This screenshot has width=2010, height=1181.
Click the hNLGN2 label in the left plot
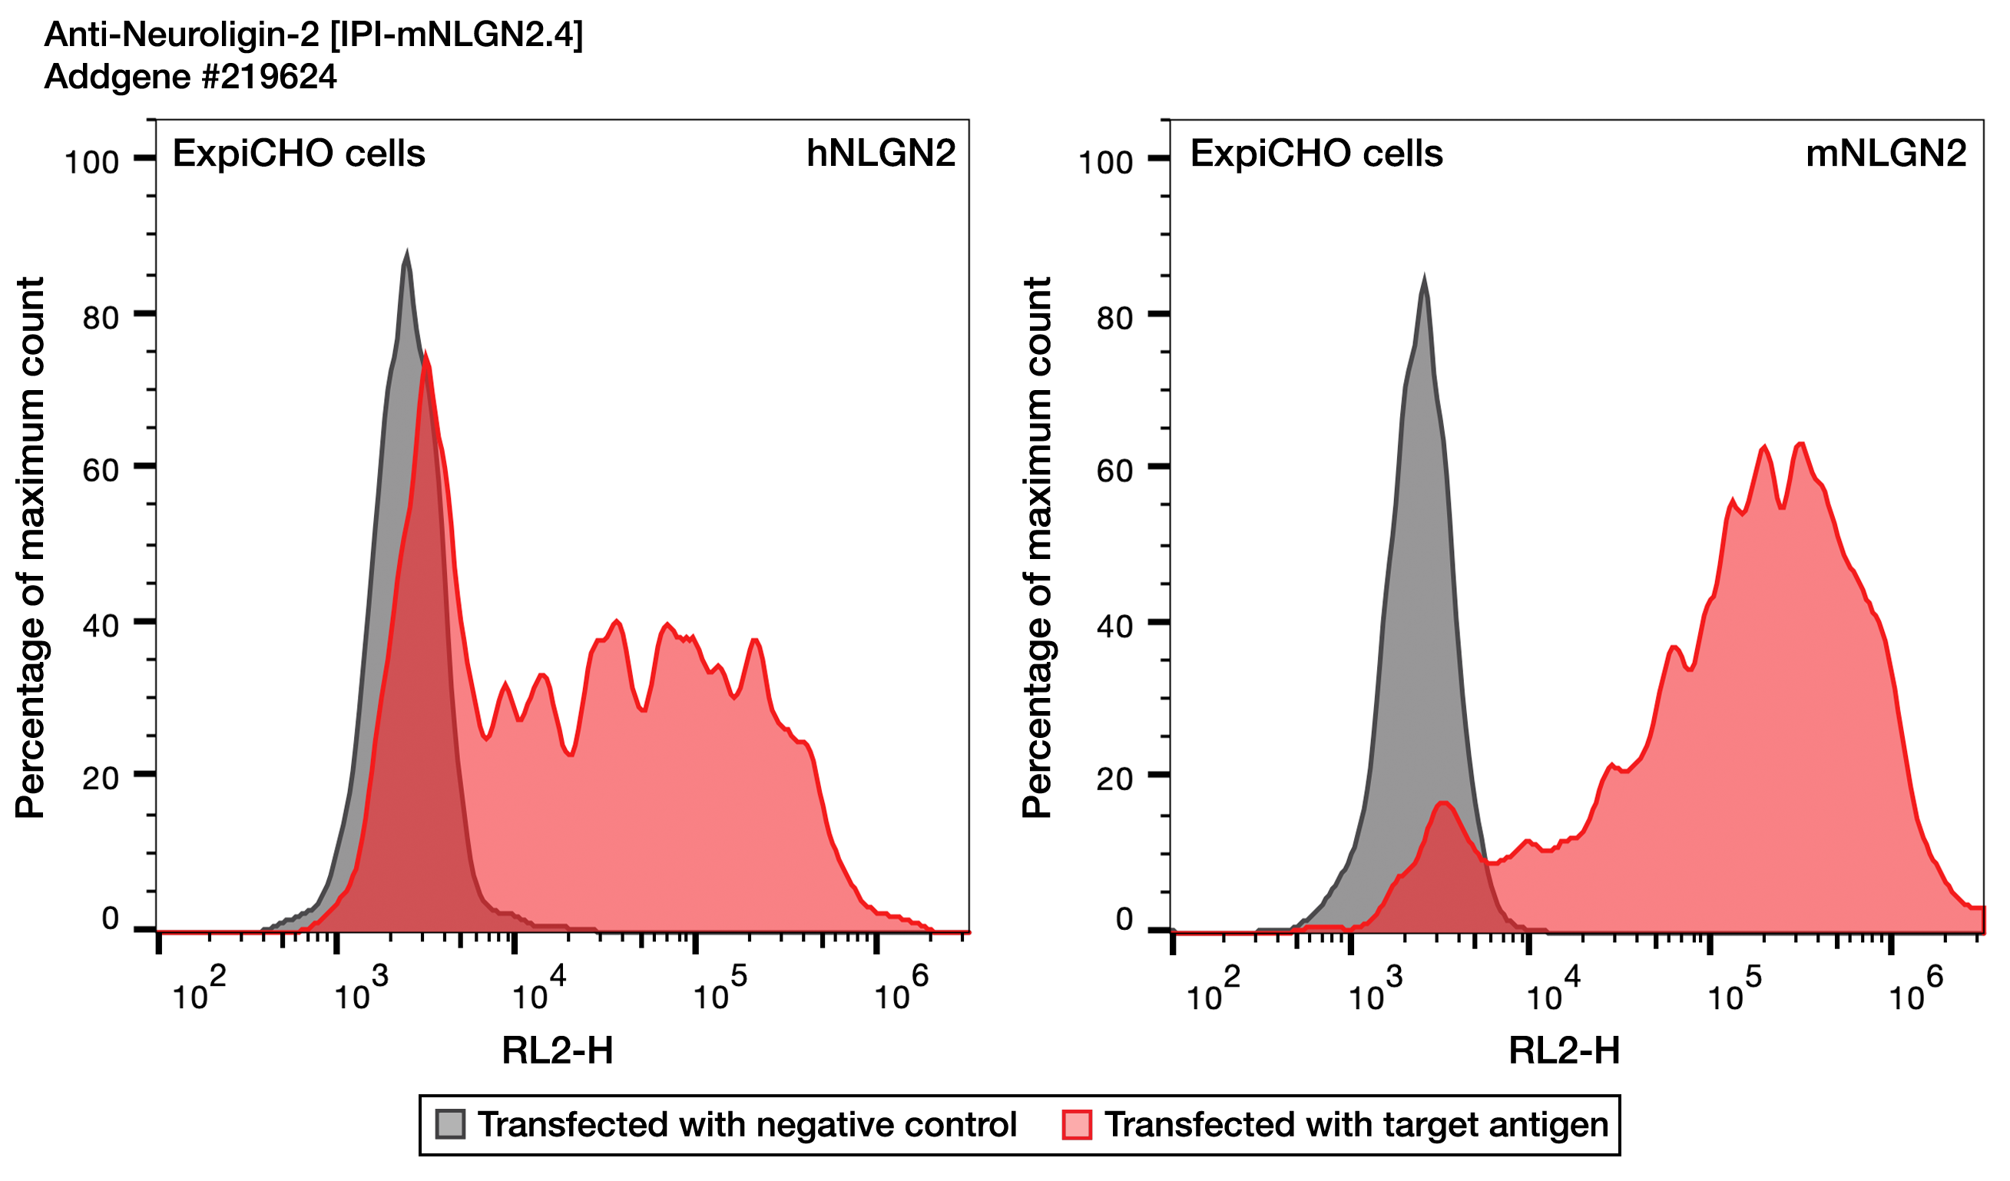(x=880, y=153)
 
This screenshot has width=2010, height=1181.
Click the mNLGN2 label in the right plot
(x=1886, y=153)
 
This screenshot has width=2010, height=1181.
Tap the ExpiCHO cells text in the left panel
(x=299, y=153)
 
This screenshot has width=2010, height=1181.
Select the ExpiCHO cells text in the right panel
(x=1317, y=153)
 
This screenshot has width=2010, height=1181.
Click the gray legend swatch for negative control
(x=450, y=1124)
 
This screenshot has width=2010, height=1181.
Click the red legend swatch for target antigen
(x=1077, y=1124)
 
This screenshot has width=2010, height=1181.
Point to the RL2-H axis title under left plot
(x=558, y=1051)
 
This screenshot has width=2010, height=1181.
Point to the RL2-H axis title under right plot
(x=1564, y=1051)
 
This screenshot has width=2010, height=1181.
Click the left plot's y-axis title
(x=30, y=547)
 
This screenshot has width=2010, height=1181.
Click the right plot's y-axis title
(x=1037, y=547)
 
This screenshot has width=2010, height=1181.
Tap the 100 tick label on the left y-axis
(x=91, y=163)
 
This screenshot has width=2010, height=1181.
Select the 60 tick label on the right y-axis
(x=1114, y=471)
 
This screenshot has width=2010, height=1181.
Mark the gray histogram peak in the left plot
(x=407, y=255)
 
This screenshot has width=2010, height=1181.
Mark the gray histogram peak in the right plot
(x=1424, y=281)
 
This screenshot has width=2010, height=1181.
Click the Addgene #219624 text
(x=190, y=77)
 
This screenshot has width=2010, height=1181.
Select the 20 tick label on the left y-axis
(x=101, y=778)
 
